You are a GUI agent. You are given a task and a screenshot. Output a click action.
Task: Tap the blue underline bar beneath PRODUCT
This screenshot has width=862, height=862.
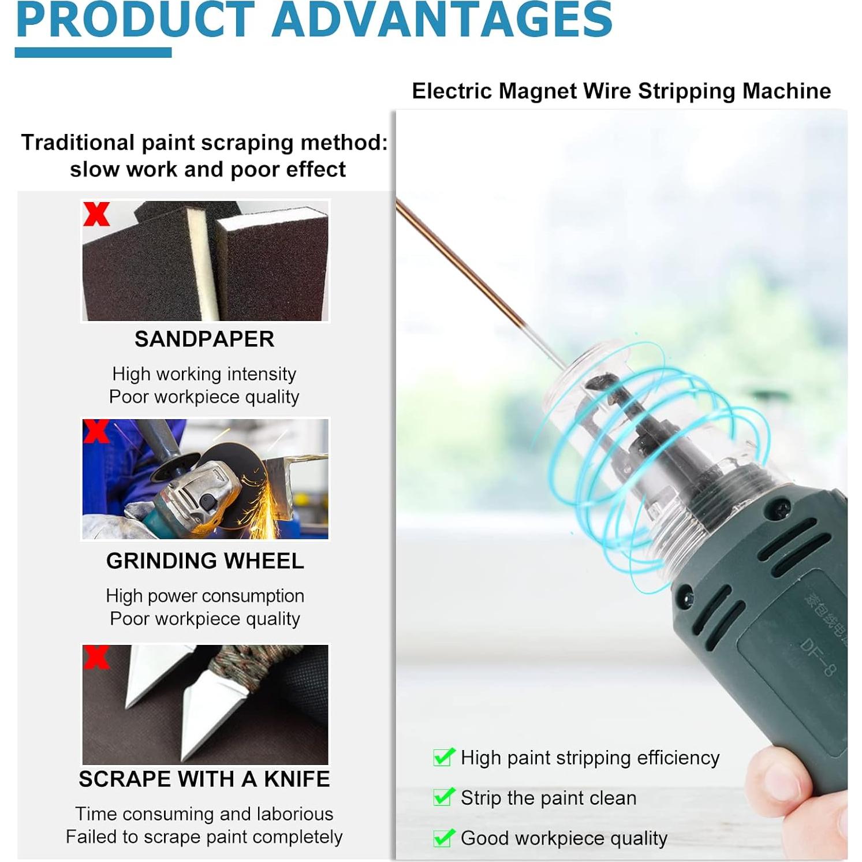[x=93, y=53]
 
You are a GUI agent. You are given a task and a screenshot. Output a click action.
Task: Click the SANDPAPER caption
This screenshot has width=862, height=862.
[x=204, y=339]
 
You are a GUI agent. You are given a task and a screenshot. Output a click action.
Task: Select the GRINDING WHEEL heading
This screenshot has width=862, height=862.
[x=205, y=561]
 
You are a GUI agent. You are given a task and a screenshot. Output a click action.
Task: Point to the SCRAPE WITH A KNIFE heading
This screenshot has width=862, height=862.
[x=204, y=779]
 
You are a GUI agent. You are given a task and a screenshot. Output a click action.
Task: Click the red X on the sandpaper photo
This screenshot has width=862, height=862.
[x=96, y=214]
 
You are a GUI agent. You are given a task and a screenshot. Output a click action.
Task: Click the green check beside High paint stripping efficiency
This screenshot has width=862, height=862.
[x=443, y=756]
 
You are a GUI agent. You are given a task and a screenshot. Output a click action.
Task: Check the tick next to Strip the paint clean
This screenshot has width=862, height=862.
[x=443, y=797]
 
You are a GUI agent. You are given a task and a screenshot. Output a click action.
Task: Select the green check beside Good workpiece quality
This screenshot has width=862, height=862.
[x=443, y=837]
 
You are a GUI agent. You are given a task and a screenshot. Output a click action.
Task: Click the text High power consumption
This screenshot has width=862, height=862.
[x=205, y=596]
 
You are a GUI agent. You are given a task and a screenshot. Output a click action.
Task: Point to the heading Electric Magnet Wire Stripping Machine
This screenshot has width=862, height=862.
[x=621, y=91]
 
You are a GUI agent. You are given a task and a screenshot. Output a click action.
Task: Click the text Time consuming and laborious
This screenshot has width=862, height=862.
[x=204, y=814]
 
